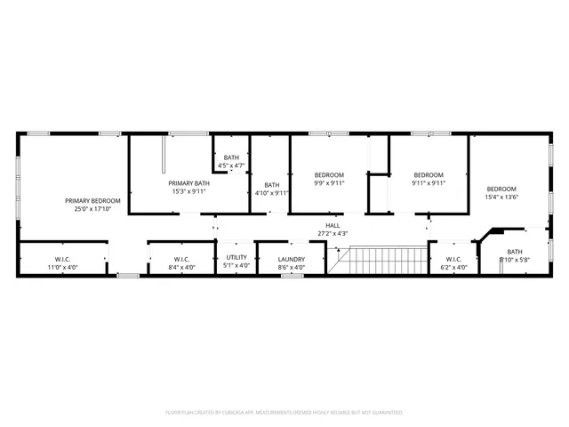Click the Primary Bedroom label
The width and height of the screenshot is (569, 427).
(x=92, y=200)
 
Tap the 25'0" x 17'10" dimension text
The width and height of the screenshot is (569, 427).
(x=92, y=209)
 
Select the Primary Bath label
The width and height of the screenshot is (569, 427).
(x=188, y=182)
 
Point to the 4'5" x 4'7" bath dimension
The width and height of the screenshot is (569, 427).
(x=231, y=165)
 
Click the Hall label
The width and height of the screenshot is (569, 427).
(x=333, y=225)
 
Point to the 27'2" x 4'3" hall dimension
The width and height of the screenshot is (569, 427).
(x=333, y=234)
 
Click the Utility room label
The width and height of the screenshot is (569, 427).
(x=236, y=257)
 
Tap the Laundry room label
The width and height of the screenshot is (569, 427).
(x=291, y=257)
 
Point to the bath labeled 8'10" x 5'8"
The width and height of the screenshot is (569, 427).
(x=515, y=255)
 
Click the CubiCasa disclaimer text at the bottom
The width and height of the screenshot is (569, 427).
(x=284, y=412)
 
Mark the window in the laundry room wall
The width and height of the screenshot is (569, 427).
(x=293, y=276)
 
